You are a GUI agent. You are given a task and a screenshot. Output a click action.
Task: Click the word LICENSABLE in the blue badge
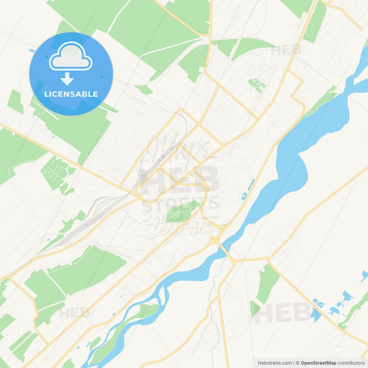point(71,94)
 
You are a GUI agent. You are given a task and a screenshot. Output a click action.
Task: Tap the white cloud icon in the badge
point(71,57)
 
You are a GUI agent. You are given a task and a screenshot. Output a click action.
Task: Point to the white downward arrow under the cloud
point(67,79)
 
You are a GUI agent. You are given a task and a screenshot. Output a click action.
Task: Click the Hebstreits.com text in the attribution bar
point(275,363)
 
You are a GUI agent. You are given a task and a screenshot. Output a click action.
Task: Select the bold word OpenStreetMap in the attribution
point(318,363)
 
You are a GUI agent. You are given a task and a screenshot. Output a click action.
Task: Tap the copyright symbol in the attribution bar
point(298,363)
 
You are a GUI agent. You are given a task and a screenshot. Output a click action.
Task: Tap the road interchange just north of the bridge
point(221,229)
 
